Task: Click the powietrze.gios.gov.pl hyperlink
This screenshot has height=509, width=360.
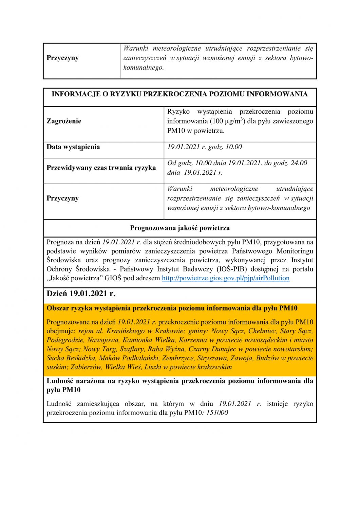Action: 226,278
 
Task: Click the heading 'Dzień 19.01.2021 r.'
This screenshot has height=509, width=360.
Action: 81,294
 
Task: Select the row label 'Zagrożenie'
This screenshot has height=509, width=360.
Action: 64,121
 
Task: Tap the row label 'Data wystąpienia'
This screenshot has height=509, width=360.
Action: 73,147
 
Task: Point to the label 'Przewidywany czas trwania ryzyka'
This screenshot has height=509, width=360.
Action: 101,168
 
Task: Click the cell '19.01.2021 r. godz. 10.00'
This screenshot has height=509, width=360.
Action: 205,147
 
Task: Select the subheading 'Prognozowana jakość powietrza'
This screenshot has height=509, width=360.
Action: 180,228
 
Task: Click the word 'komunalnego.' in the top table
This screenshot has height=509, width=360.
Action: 144,68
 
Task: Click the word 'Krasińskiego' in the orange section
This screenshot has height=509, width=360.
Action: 127,331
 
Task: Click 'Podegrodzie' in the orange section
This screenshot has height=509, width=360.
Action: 65,340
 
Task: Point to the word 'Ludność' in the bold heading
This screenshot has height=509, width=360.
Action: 60,381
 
